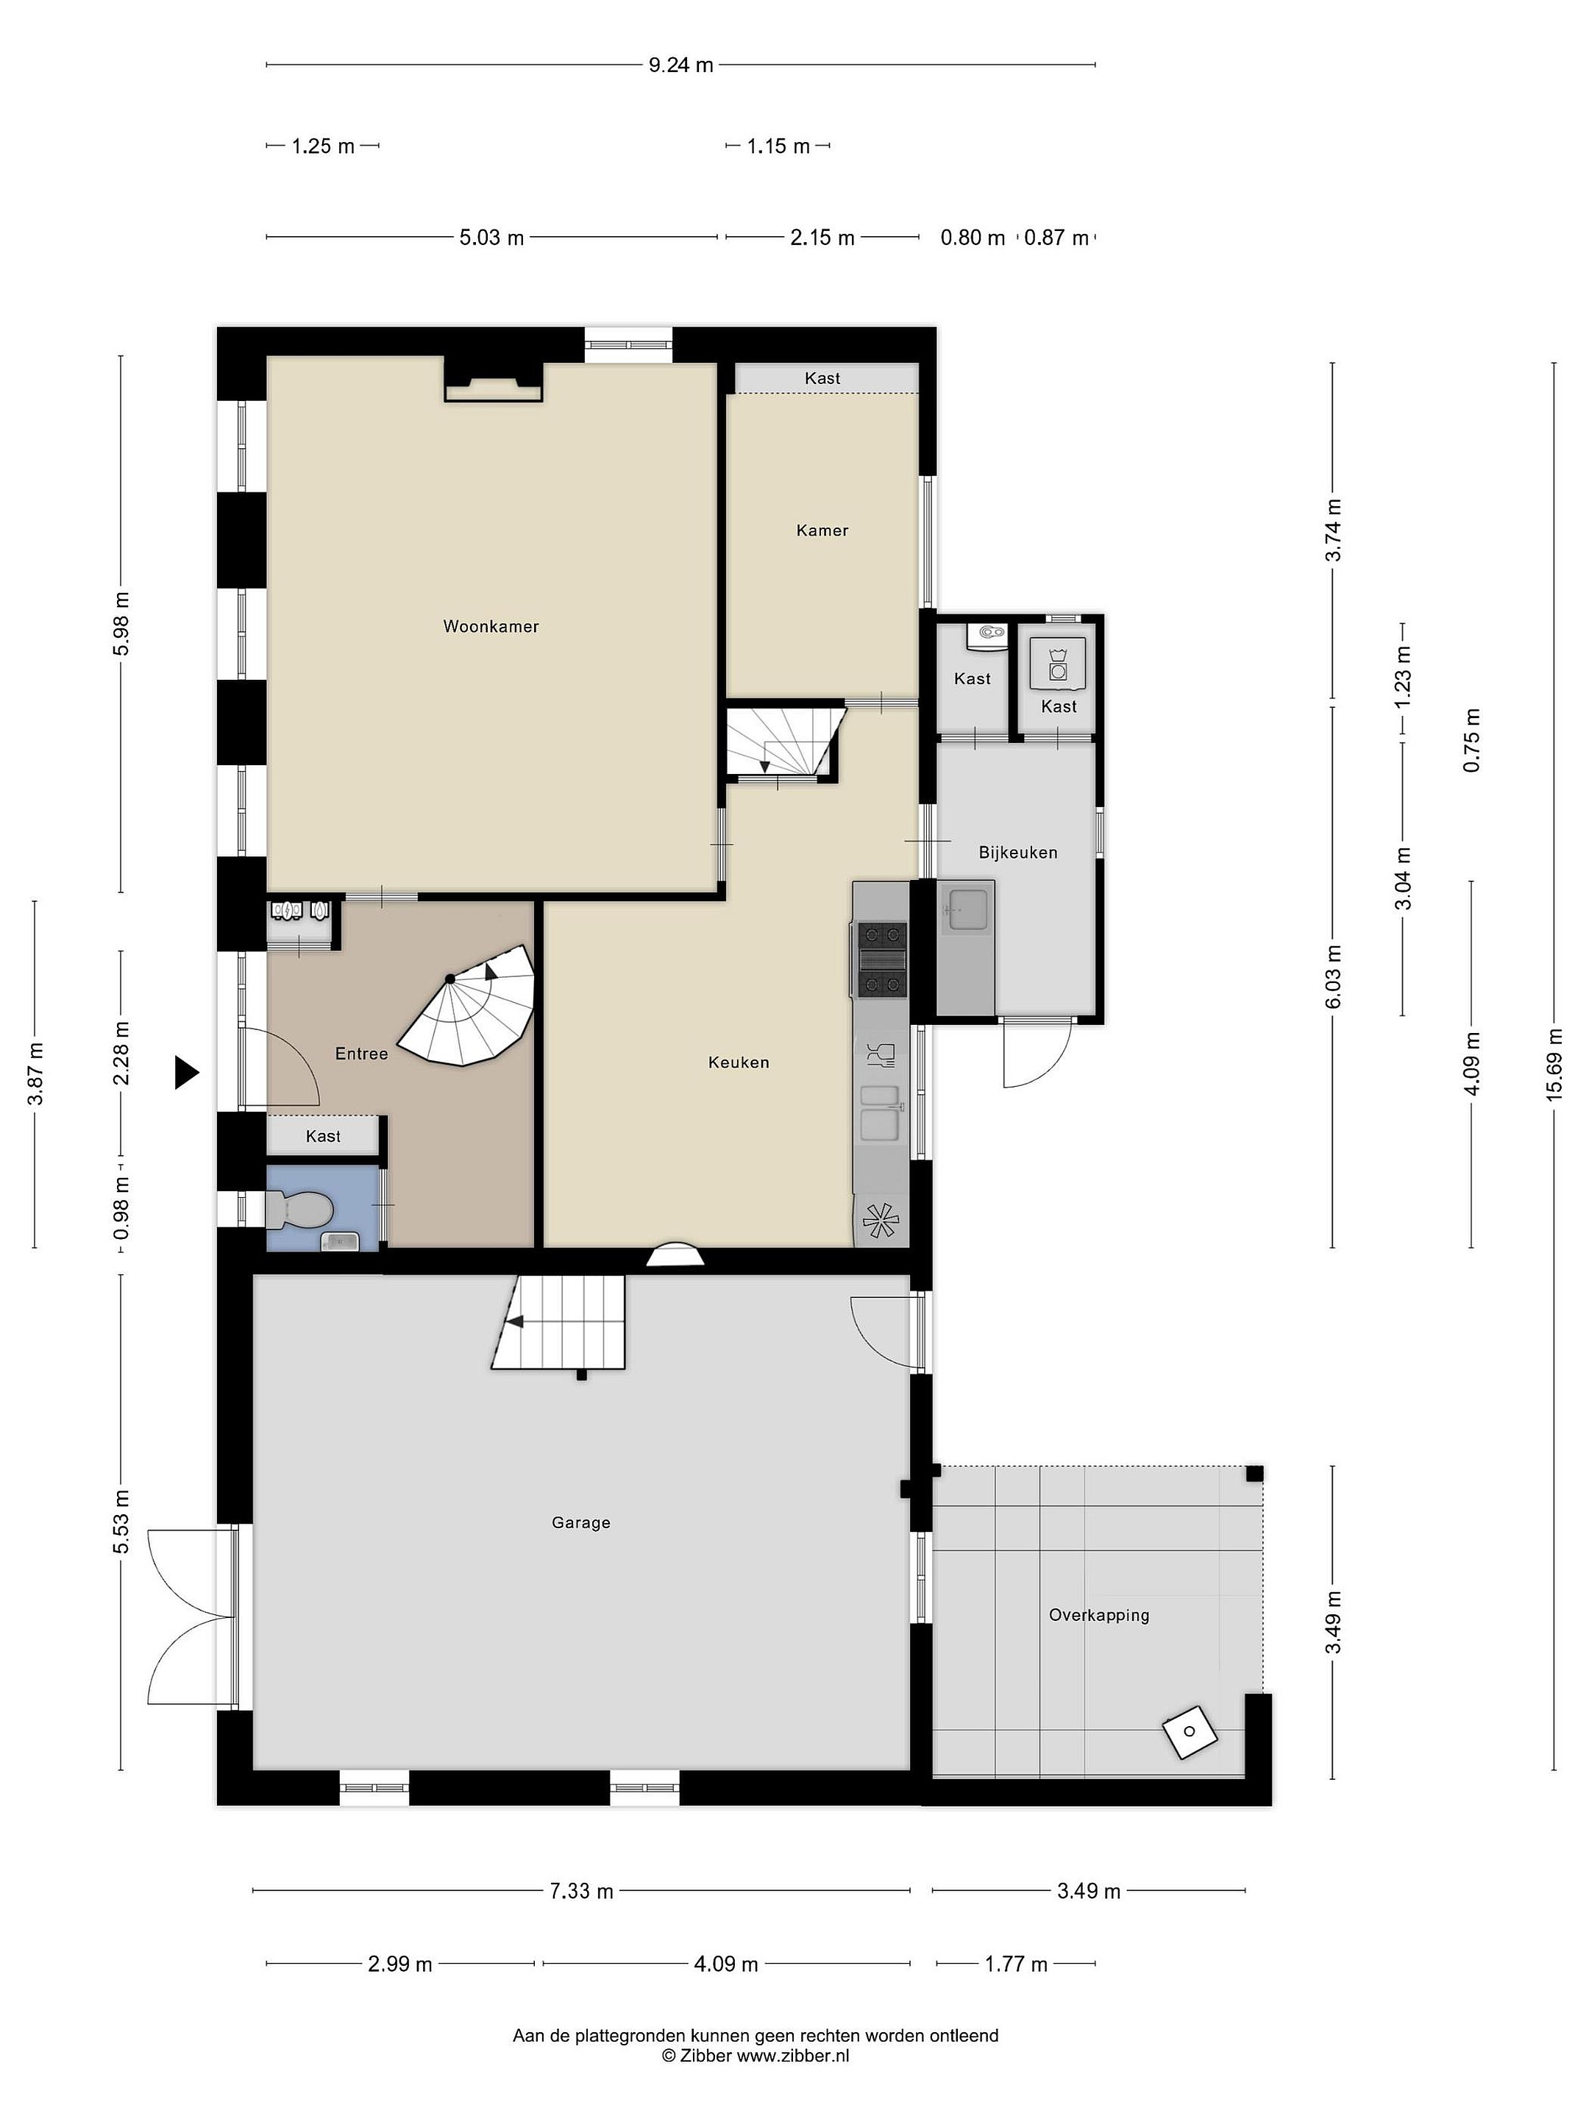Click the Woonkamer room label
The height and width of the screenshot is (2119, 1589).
pos(491,627)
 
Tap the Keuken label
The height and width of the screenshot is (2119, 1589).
pos(739,1062)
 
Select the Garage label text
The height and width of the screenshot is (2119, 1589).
pos(580,1522)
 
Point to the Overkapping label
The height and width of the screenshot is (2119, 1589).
pos(1098,1615)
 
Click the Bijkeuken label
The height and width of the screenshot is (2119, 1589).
pos(1018,853)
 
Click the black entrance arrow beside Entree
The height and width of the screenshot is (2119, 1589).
pos(187,1072)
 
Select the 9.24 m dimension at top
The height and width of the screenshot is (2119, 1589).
pos(681,65)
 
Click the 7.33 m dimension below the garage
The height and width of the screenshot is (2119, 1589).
pos(580,1891)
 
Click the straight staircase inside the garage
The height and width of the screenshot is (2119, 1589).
pos(561,1323)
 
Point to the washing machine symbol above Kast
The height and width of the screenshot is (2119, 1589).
pos(1057,663)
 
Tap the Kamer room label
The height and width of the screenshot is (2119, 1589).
pos(822,530)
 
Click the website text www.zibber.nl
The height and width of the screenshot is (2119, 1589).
pos(792,2056)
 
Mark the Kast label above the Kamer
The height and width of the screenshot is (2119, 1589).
pos(822,378)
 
